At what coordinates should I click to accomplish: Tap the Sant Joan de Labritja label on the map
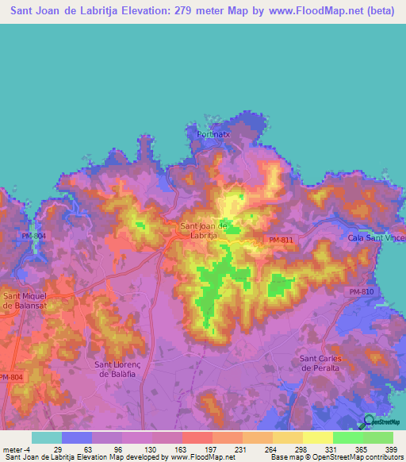point(205,230)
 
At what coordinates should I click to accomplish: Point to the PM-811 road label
point(281,240)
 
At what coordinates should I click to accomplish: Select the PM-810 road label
point(360,294)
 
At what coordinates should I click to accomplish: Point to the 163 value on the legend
point(180,449)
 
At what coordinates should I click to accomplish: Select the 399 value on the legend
point(391,449)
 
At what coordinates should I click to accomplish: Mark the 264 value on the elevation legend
point(270,449)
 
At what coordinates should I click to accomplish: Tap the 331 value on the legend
point(331,449)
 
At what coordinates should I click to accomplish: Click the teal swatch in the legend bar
point(47,437)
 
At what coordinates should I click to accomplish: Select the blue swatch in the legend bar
point(77,437)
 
